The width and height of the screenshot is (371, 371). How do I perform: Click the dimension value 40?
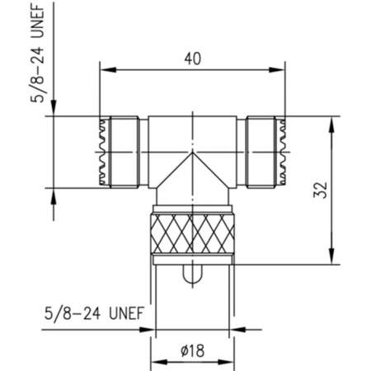pyautogui.click(x=191, y=59)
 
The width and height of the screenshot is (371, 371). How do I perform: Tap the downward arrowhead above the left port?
pyautogui.click(x=54, y=110)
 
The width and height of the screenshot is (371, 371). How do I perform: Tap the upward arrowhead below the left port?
pyautogui.click(x=54, y=195)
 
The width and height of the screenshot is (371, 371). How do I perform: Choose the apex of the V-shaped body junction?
pyautogui.click(x=191, y=153)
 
